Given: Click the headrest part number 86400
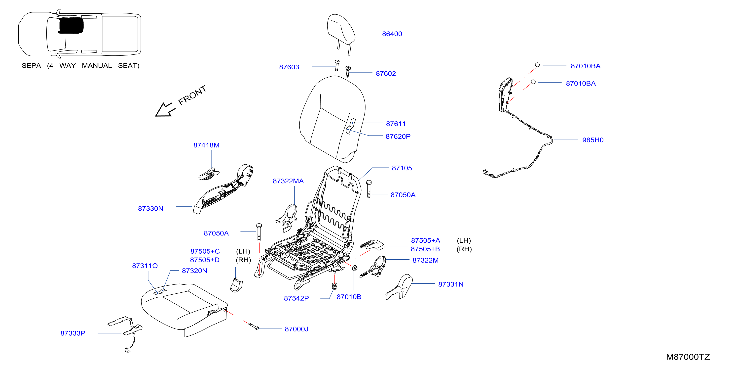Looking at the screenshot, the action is pyautogui.click(x=392, y=34).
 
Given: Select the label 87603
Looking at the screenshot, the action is pyautogui.click(x=289, y=67).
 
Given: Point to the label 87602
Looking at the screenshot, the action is pyautogui.click(x=386, y=73).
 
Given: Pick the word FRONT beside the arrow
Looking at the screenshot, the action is pyautogui.click(x=192, y=95).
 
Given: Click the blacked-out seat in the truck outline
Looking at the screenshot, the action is pyautogui.click(x=71, y=26).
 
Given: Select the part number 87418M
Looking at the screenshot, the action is pyautogui.click(x=206, y=145).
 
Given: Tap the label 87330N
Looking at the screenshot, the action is pyautogui.click(x=150, y=209).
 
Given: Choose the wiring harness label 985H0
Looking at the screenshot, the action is pyautogui.click(x=593, y=140).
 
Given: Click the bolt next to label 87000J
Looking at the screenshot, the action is pyautogui.click(x=254, y=326).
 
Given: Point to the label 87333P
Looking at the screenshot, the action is pyautogui.click(x=73, y=333).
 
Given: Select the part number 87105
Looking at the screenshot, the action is pyautogui.click(x=402, y=168).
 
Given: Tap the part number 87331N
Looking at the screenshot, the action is pyautogui.click(x=451, y=284).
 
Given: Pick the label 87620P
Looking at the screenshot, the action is pyautogui.click(x=398, y=137).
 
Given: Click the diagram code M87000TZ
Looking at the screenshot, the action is pyautogui.click(x=688, y=357).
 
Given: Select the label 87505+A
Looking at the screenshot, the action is pyautogui.click(x=425, y=240).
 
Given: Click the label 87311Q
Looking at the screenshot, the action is pyautogui.click(x=145, y=266).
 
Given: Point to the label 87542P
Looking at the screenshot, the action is pyautogui.click(x=296, y=298).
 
